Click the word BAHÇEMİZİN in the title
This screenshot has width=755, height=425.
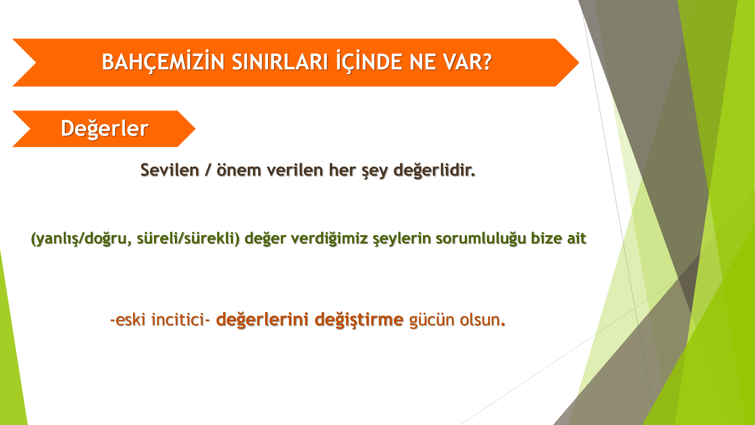pyautogui.click(x=163, y=61)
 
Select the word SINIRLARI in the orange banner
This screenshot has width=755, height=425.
pyautogui.click(x=280, y=62)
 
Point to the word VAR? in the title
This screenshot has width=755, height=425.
pyautogui.click(x=467, y=62)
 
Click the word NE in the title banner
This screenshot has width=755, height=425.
pyautogui.click(x=422, y=62)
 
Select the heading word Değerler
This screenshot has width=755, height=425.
pyautogui.click(x=105, y=128)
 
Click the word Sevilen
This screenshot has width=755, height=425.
pyautogui.click(x=170, y=170)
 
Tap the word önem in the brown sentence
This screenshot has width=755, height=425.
pyautogui.click(x=239, y=170)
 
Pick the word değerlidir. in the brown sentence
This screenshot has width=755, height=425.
pyautogui.click(x=434, y=170)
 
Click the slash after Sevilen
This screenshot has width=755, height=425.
pyautogui.click(x=208, y=170)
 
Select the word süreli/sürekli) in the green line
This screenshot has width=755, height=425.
pyautogui.click(x=188, y=238)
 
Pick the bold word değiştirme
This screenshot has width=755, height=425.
pyautogui.click(x=359, y=320)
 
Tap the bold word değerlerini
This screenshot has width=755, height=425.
pyautogui.click(x=262, y=320)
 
